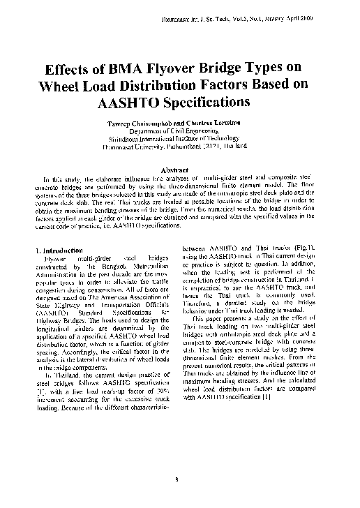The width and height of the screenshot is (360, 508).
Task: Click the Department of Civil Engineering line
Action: click(180, 130)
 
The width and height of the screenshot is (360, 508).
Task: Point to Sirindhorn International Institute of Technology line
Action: click(180, 137)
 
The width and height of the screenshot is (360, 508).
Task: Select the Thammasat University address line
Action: click(180, 145)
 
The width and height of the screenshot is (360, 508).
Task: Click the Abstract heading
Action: click(179, 169)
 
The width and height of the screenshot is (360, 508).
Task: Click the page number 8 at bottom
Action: click(179, 479)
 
